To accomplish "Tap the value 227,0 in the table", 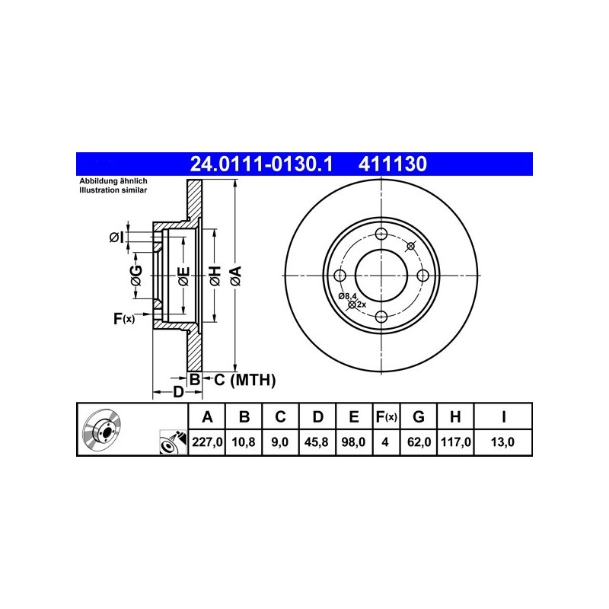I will click(206, 441).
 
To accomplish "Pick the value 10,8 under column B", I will click(244, 441).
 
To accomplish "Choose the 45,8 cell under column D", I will click(318, 441).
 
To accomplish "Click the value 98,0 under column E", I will click(355, 441).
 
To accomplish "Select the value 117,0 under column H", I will click(454, 441).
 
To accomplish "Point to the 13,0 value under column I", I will click(503, 441).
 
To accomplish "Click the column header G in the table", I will click(418, 416).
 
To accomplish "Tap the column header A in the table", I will click(206, 416).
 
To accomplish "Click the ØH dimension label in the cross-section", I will click(215, 276).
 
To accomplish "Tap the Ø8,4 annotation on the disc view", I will click(347, 295).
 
